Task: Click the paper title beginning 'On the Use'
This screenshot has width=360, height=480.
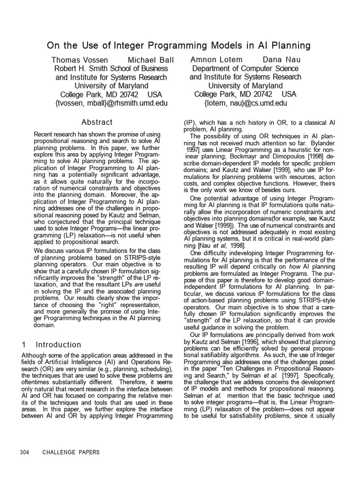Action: coord(179,45)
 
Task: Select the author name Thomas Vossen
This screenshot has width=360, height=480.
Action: coord(79,60)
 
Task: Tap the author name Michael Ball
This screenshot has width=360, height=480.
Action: coord(150,60)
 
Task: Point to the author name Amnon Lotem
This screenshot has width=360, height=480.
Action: coord(217,60)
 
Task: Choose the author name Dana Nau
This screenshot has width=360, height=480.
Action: coord(281,60)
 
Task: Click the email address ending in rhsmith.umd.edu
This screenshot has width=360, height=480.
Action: coord(111,103)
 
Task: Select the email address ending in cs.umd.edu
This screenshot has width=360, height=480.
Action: coord(245,103)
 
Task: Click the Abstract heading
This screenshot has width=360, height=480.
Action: coord(97,122)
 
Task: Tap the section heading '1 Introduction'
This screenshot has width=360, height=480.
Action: coord(52,345)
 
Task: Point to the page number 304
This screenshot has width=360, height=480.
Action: coord(25,452)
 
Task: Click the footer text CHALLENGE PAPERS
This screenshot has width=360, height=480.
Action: coord(71,452)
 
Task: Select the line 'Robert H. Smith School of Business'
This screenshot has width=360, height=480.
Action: coord(111,68)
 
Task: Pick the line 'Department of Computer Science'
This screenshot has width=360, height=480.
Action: coord(245,68)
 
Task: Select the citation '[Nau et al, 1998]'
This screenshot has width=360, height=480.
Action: coord(216,246)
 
